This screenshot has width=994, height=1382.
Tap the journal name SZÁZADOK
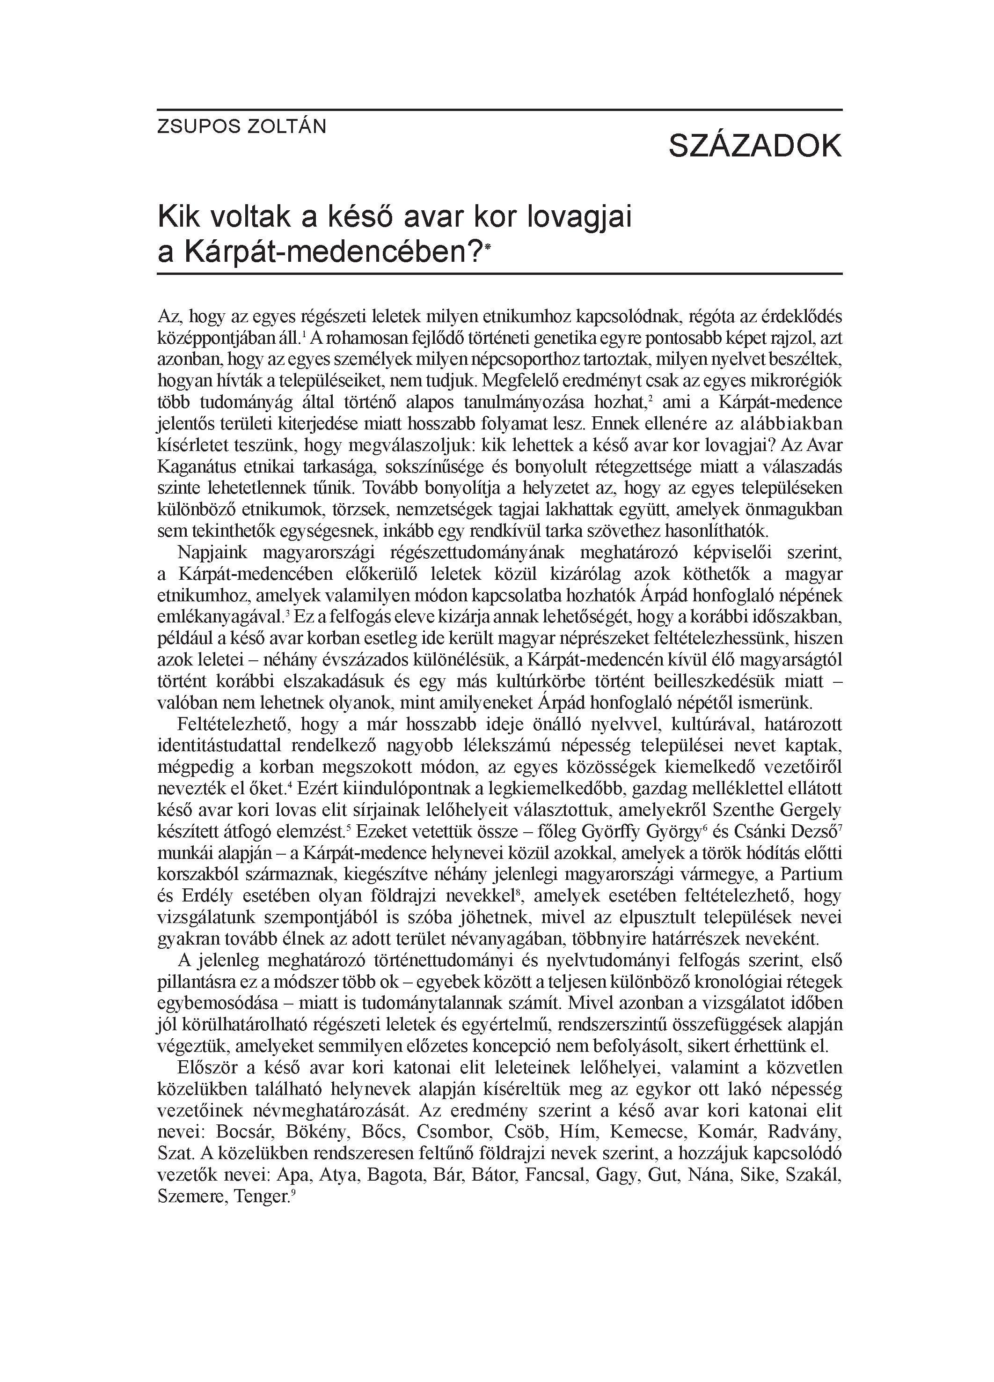pyautogui.click(x=755, y=146)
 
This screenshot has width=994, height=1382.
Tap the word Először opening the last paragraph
pyautogui.click(x=206, y=1068)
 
